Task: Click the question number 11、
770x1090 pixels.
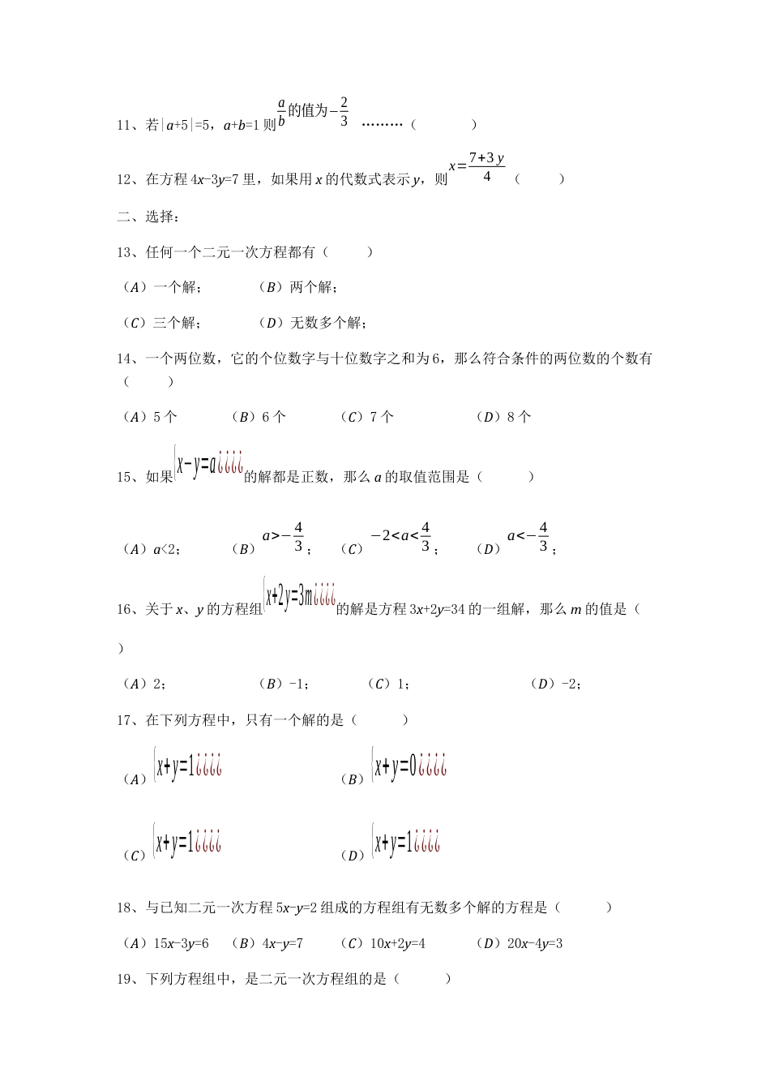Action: (x=130, y=125)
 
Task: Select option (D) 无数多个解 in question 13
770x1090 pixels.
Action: (x=313, y=323)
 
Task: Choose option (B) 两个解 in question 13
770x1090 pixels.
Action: (x=298, y=287)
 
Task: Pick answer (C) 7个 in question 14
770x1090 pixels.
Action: (x=368, y=417)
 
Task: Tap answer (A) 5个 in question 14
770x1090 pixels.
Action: (x=150, y=417)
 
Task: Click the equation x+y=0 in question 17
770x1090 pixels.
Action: (x=395, y=766)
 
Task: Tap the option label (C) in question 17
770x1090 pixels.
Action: (x=134, y=856)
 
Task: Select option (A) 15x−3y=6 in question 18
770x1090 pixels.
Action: (x=165, y=943)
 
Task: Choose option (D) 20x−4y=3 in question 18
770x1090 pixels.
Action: (x=520, y=943)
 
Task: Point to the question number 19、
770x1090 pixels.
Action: (x=130, y=979)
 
